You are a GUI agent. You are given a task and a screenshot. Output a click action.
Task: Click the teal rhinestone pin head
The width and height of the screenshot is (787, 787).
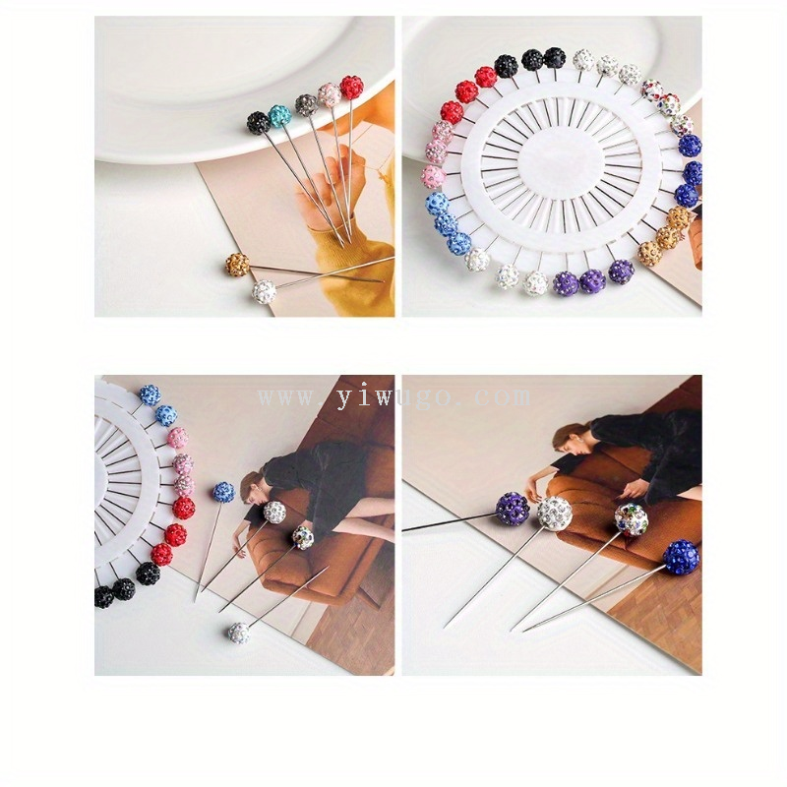coord(280,116)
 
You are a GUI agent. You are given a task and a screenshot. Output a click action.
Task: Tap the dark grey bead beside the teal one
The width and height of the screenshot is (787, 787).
coord(306,105)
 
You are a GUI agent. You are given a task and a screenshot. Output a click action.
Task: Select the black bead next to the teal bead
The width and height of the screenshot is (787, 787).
coord(259,122)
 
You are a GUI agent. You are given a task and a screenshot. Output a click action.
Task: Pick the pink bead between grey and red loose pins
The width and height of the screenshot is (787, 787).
coord(330,94)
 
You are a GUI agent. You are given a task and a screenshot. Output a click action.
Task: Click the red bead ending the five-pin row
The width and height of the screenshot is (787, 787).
coord(352,88)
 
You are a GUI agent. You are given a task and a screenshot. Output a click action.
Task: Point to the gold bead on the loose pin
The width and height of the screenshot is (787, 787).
coord(237,265)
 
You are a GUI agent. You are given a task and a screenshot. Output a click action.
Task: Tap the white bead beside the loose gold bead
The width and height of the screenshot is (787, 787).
coord(264,291)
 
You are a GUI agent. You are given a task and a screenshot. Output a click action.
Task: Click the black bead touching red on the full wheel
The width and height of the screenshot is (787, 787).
coord(506,66)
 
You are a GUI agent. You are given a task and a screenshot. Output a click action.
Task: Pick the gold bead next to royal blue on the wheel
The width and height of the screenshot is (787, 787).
coord(679,217)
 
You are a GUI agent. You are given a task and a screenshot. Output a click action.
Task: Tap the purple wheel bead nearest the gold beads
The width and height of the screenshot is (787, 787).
coord(622,272)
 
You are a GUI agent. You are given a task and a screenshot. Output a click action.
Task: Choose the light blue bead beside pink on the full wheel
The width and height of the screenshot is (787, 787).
coord(437,204)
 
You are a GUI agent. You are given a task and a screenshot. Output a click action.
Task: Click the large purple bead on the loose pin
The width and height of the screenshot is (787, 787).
coord(513,509)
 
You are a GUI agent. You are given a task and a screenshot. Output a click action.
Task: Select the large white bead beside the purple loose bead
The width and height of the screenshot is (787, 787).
coord(555,514)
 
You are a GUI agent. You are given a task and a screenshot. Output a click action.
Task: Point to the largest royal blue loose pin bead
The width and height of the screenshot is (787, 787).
coord(681,558)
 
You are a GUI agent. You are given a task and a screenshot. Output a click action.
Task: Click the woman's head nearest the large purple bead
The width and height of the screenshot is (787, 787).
coord(569,437)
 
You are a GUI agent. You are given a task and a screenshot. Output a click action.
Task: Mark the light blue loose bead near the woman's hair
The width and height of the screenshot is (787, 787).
coord(223,492)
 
